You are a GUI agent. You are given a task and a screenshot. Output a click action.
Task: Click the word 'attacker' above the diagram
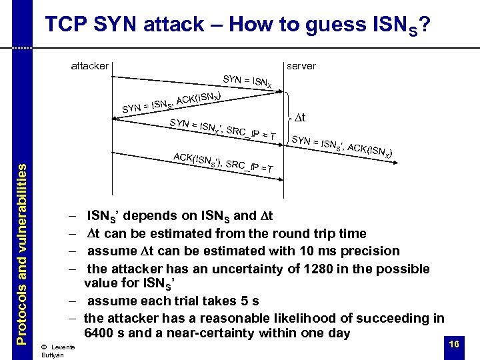point(89,66)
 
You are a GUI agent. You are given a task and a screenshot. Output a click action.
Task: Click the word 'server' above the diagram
point(301,66)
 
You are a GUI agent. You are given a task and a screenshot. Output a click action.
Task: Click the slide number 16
point(453,343)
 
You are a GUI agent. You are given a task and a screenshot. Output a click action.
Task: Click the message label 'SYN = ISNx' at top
point(247,81)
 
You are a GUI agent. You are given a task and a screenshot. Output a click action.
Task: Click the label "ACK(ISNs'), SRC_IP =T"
point(222,163)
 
